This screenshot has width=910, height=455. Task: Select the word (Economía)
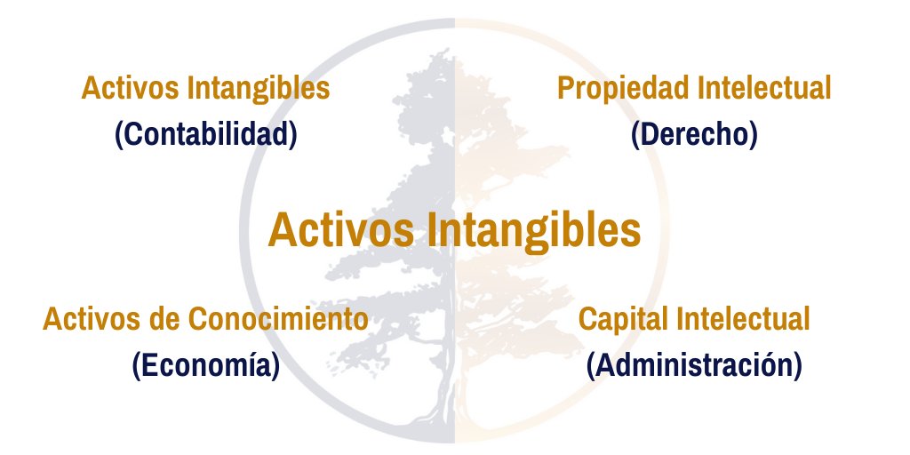click(x=205, y=365)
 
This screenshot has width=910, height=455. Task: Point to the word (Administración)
click(x=694, y=365)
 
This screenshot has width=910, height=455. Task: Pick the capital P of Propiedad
click(x=566, y=89)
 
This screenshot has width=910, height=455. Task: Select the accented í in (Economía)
click(x=250, y=365)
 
